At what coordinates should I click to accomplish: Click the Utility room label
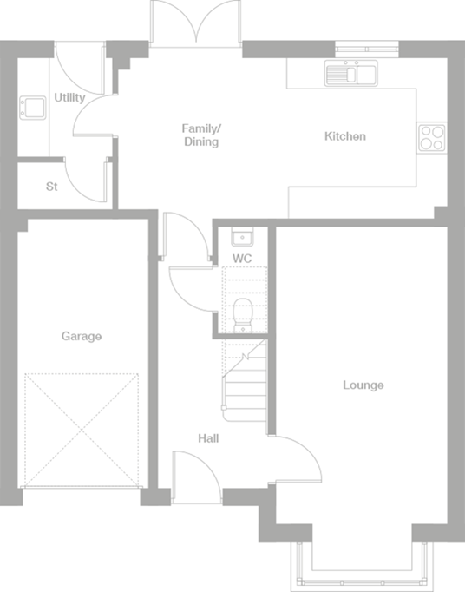click(x=69, y=98)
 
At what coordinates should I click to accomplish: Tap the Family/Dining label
click(x=201, y=135)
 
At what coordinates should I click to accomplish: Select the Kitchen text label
click(x=344, y=136)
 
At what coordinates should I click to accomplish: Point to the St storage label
click(x=51, y=187)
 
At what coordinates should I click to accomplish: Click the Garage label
click(x=81, y=336)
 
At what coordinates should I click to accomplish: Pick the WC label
click(x=242, y=259)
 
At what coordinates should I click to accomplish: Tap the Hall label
click(x=208, y=438)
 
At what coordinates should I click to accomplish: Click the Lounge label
click(x=363, y=385)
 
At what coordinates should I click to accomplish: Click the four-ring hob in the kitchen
click(x=431, y=136)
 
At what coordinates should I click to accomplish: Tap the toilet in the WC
click(x=242, y=314)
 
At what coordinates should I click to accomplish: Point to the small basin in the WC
click(x=241, y=238)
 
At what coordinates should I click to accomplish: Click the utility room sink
click(x=35, y=108)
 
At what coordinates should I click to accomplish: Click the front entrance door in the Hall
click(x=192, y=474)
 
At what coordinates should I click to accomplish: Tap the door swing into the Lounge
click(x=294, y=457)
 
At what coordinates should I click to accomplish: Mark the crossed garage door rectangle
click(x=82, y=431)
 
